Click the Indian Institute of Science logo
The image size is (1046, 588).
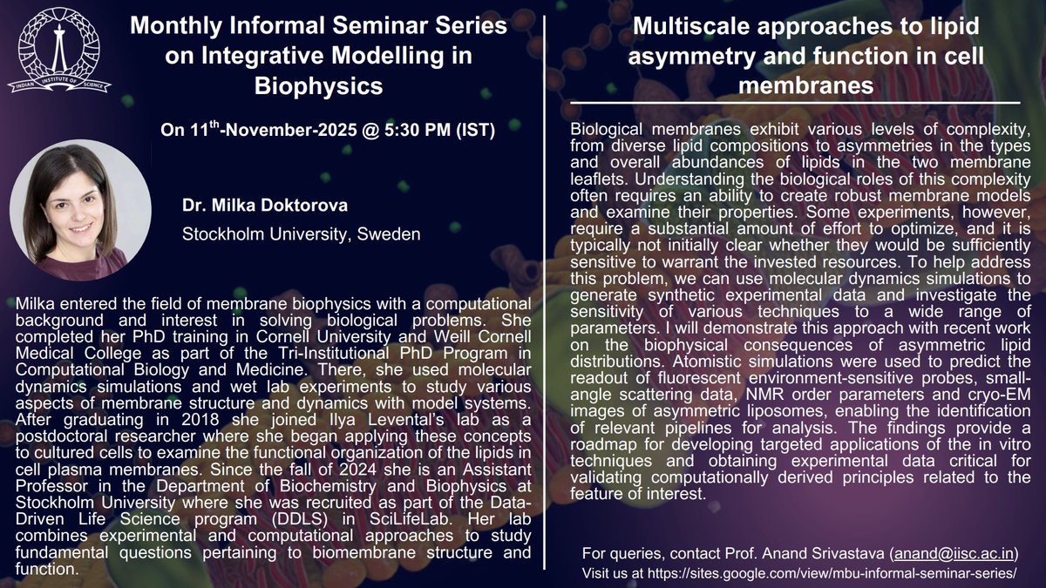tap(53, 50)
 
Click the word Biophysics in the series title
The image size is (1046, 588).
tap(318, 86)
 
